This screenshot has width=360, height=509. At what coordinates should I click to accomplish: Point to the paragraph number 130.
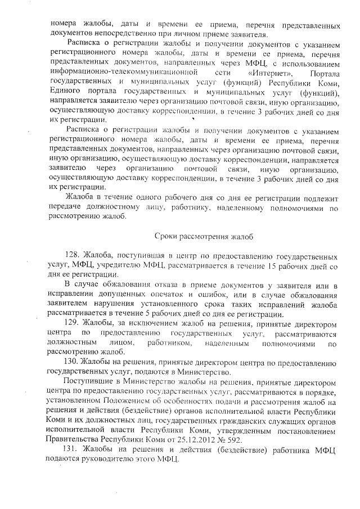[74, 361]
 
